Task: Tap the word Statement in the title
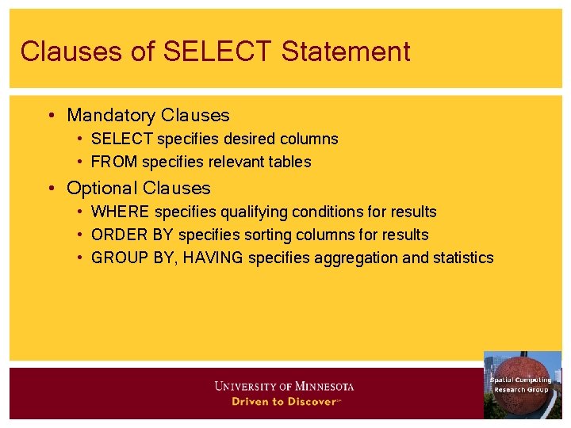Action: click(345, 52)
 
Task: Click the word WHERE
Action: click(121, 212)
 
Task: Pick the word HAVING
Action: click(213, 258)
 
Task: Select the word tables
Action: click(290, 162)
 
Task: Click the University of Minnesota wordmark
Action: click(284, 387)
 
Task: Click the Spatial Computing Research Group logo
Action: click(522, 384)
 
